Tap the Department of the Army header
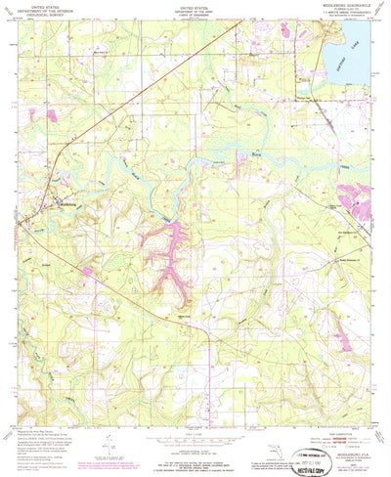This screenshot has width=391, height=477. (x=195, y=9)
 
